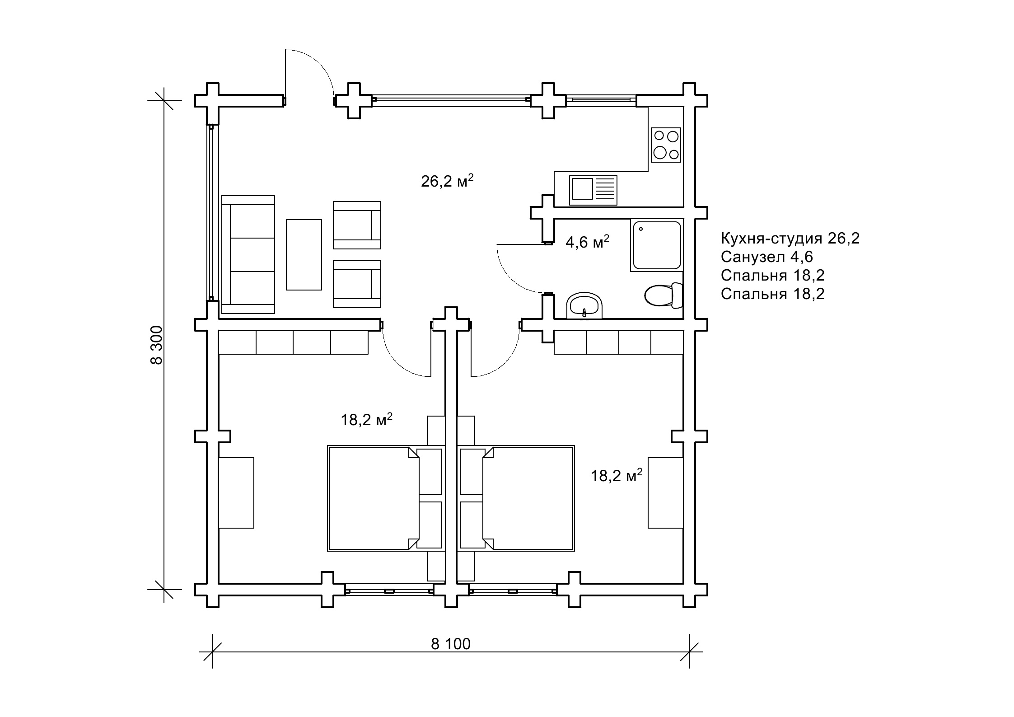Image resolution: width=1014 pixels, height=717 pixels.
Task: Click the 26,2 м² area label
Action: tap(447, 181)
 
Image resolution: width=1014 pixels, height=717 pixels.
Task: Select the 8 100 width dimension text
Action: tap(451, 644)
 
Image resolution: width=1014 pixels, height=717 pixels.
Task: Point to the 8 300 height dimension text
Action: tap(156, 345)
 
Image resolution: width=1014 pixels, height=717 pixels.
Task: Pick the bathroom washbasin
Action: tap(584, 306)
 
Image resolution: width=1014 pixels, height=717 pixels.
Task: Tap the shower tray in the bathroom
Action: tap(657, 245)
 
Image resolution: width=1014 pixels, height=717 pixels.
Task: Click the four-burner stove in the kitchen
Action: tap(666, 145)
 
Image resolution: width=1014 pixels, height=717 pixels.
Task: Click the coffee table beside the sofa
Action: tap(304, 255)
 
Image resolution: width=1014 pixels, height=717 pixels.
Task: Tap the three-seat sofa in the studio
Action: tap(248, 254)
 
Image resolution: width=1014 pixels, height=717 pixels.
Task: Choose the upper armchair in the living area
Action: tap(357, 225)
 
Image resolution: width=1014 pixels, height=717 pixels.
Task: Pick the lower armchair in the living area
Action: tap(357, 284)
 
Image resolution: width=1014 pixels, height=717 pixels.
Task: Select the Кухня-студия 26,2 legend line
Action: tap(790, 238)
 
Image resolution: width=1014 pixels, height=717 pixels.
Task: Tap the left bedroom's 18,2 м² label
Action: tap(366, 420)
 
